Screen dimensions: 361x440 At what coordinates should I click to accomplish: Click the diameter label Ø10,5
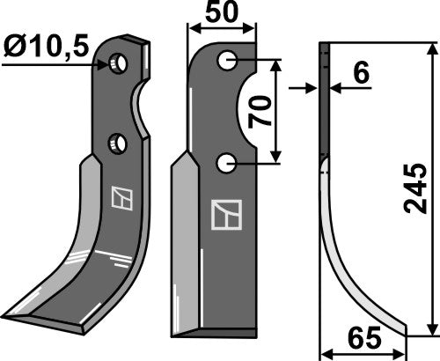coord(48,45)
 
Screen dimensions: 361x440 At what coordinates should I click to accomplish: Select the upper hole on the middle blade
coord(228,61)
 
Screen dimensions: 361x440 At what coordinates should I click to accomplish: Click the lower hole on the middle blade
coord(227,161)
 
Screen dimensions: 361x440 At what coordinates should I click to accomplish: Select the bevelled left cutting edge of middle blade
coord(182,247)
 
